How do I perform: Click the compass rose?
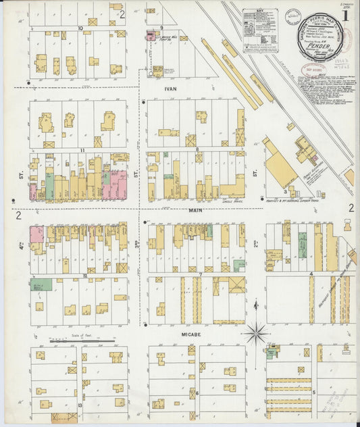(256, 332)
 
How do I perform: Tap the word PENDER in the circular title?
(319, 47)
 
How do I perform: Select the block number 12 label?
(85, 276)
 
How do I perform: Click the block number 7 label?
(201, 275)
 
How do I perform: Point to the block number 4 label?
(311, 274)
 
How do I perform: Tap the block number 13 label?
(80, 404)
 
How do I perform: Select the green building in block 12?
(40, 284)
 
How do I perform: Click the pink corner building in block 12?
(36, 234)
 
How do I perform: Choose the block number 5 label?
(313, 391)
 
